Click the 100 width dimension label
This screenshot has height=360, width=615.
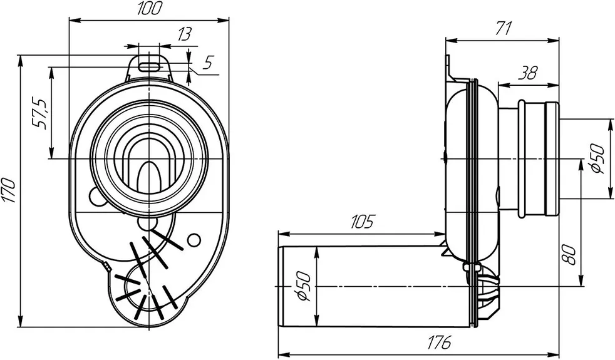150,9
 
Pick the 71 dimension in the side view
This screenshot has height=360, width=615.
504,28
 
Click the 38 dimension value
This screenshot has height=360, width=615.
529,73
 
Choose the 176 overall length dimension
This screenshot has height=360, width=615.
441,343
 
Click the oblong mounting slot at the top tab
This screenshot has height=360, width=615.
150,65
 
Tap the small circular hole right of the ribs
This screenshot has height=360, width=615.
194,239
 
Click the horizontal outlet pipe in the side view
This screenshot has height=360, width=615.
376,286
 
